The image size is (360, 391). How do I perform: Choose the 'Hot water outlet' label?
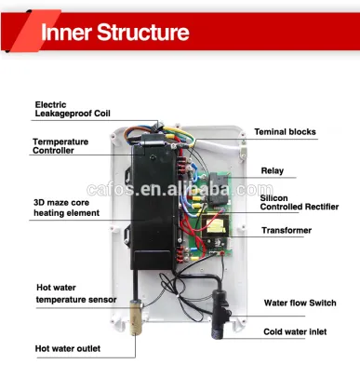coord(68,349)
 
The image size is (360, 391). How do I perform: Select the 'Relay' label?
coord(273,171)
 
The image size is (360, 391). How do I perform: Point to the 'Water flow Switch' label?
coord(300,303)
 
